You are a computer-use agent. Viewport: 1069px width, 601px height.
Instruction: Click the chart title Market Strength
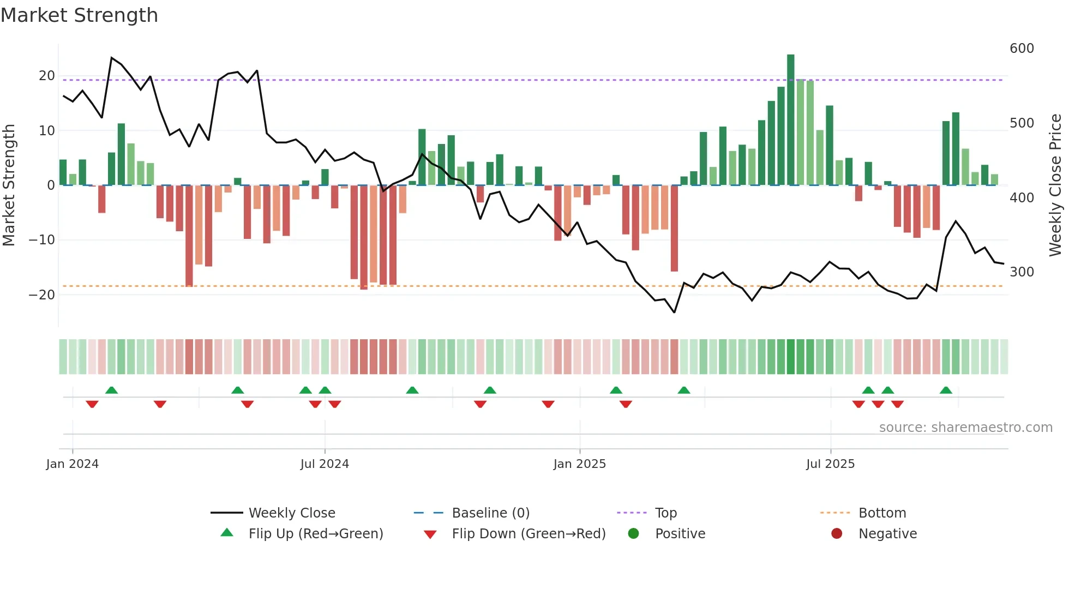pyautogui.click(x=79, y=15)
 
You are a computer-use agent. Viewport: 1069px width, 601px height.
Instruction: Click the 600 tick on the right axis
pyautogui.click(x=1022, y=49)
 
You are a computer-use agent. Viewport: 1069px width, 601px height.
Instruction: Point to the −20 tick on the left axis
pyautogui.click(x=41, y=295)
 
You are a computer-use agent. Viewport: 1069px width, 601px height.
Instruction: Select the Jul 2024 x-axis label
pyautogui.click(x=325, y=464)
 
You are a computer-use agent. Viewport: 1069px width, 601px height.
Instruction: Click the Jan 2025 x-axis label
pyautogui.click(x=579, y=464)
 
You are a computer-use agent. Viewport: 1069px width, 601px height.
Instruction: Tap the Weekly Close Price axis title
pyautogui.click(x=1055, y=185)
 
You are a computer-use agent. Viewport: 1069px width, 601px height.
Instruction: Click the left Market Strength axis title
pyautogui.click(x=9, y=185)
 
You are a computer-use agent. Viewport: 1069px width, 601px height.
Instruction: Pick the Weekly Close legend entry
pyautogui.click(x=292, y=513)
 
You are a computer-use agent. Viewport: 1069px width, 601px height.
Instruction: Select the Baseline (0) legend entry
pyautogui.click(x=490, y=513)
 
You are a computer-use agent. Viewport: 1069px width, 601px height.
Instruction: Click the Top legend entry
pyautogui.click(x=665, y=513)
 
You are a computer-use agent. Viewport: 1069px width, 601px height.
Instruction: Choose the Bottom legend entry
pyautogui.click(x=882, y=513)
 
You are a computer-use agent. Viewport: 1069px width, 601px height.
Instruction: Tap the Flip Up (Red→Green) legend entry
pyautogui.click(x=316, y=534)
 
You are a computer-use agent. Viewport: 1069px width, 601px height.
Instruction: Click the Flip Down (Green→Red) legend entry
pyautogui.click(x=529, y=534)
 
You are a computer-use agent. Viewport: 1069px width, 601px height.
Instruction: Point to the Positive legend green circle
pyautogui.click(x=633, y=534)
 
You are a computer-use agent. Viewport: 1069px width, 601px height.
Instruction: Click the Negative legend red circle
pyautogui.click(x=837, y=534)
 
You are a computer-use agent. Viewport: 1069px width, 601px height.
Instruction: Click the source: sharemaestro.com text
pyautogui.click(x=965, y=428)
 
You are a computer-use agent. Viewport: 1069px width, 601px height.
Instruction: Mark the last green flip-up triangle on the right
pyautogui.click(x=946, y=390)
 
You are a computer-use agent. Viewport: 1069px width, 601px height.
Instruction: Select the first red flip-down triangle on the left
pyautogui.click(x=92, y=404)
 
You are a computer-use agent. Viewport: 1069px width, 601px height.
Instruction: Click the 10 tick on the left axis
pyautogui.click(x=47, y=131)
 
